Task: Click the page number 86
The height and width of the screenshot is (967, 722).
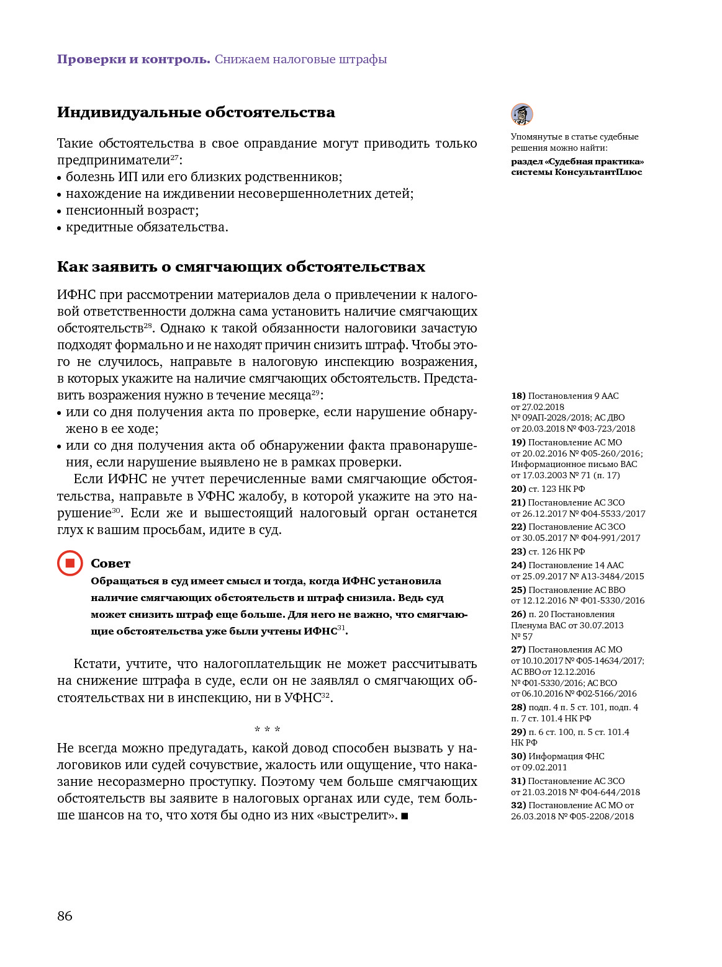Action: pos(65,916)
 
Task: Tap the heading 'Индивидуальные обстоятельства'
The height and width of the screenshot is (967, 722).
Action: pos(196,112)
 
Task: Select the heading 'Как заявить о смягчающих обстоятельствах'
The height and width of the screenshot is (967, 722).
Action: pos(241,267)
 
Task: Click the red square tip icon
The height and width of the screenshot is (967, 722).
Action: pos(70,563)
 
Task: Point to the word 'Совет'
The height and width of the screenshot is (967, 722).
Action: pos(111,563)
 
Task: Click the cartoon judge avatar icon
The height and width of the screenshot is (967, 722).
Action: pos(522,115)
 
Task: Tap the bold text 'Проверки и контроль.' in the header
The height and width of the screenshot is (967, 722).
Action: pos(133,60)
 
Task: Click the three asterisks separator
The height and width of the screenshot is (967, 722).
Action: pos(267,730)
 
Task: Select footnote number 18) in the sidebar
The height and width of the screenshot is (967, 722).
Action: pos(518,396)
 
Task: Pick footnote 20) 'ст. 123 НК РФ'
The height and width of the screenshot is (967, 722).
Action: pos(548,489)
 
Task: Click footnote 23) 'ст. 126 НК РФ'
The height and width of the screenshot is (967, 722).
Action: pos(548,551)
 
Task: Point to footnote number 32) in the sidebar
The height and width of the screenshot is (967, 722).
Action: pos(518,805)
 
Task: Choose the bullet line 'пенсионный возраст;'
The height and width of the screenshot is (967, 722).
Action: pos(132,210)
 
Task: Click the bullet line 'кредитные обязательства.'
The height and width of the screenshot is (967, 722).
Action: pos(147,227)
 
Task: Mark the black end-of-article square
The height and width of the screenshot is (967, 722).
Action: pos(405,816)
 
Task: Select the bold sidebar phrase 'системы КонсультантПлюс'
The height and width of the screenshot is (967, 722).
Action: pos(576,172)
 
